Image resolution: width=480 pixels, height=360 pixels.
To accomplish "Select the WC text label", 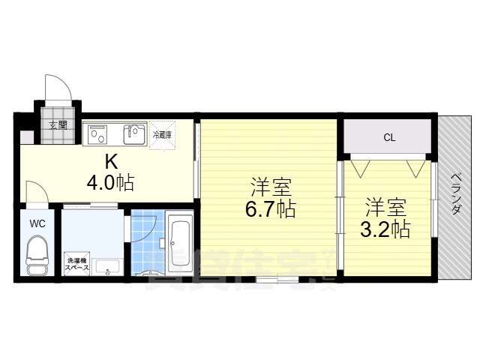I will (37, 223).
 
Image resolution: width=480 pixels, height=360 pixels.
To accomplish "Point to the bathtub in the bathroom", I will (179, 240).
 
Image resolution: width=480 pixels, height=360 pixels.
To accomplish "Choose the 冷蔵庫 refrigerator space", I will (162, 135).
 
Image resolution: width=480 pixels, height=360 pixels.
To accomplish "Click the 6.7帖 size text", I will (269, 209).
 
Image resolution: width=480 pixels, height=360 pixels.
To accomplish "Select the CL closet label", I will (388, 137).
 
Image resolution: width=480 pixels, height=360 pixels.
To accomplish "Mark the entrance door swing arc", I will (58, 90).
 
